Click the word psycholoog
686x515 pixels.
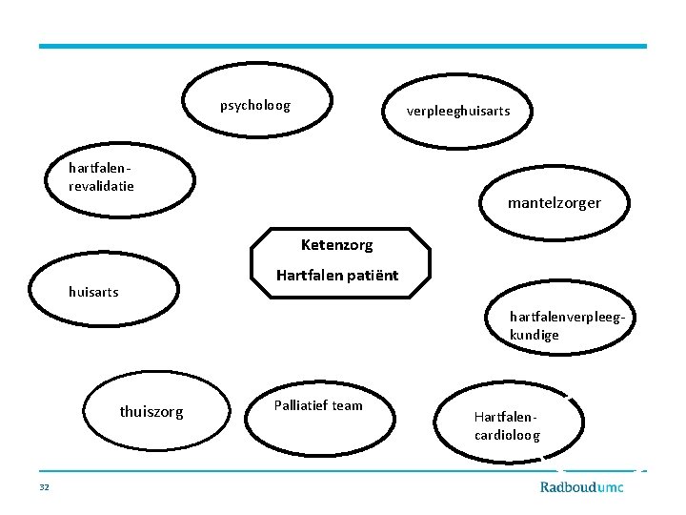click(x=254, y=105)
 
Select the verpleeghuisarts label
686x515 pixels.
click(x=458, y=111)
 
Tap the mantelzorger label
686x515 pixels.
click(x=554, y=203)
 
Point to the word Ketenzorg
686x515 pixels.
click(x=336, y=245)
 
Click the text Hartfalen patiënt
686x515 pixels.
click(x=337, y=277)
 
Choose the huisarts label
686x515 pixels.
click(x=93, y=292)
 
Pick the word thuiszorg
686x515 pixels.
click(x=151, y=412)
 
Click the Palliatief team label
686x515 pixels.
click(x=318, y=405)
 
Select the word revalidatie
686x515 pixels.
click(x=101, y=185)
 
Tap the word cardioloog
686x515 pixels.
click(x=507, y=435)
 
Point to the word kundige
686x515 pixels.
click(x=535, y=335)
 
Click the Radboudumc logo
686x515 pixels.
click(x=581, y=486)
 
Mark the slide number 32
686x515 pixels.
click(x=44, y=487)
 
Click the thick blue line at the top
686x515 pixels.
click(x=343, y=46)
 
